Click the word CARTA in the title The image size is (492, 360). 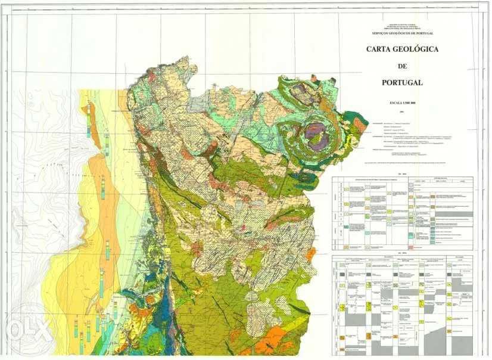point(382,49)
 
